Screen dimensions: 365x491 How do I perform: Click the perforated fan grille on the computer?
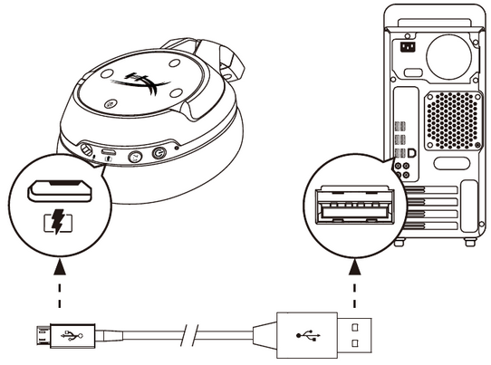pyautogui.click(x=447, y=118)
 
